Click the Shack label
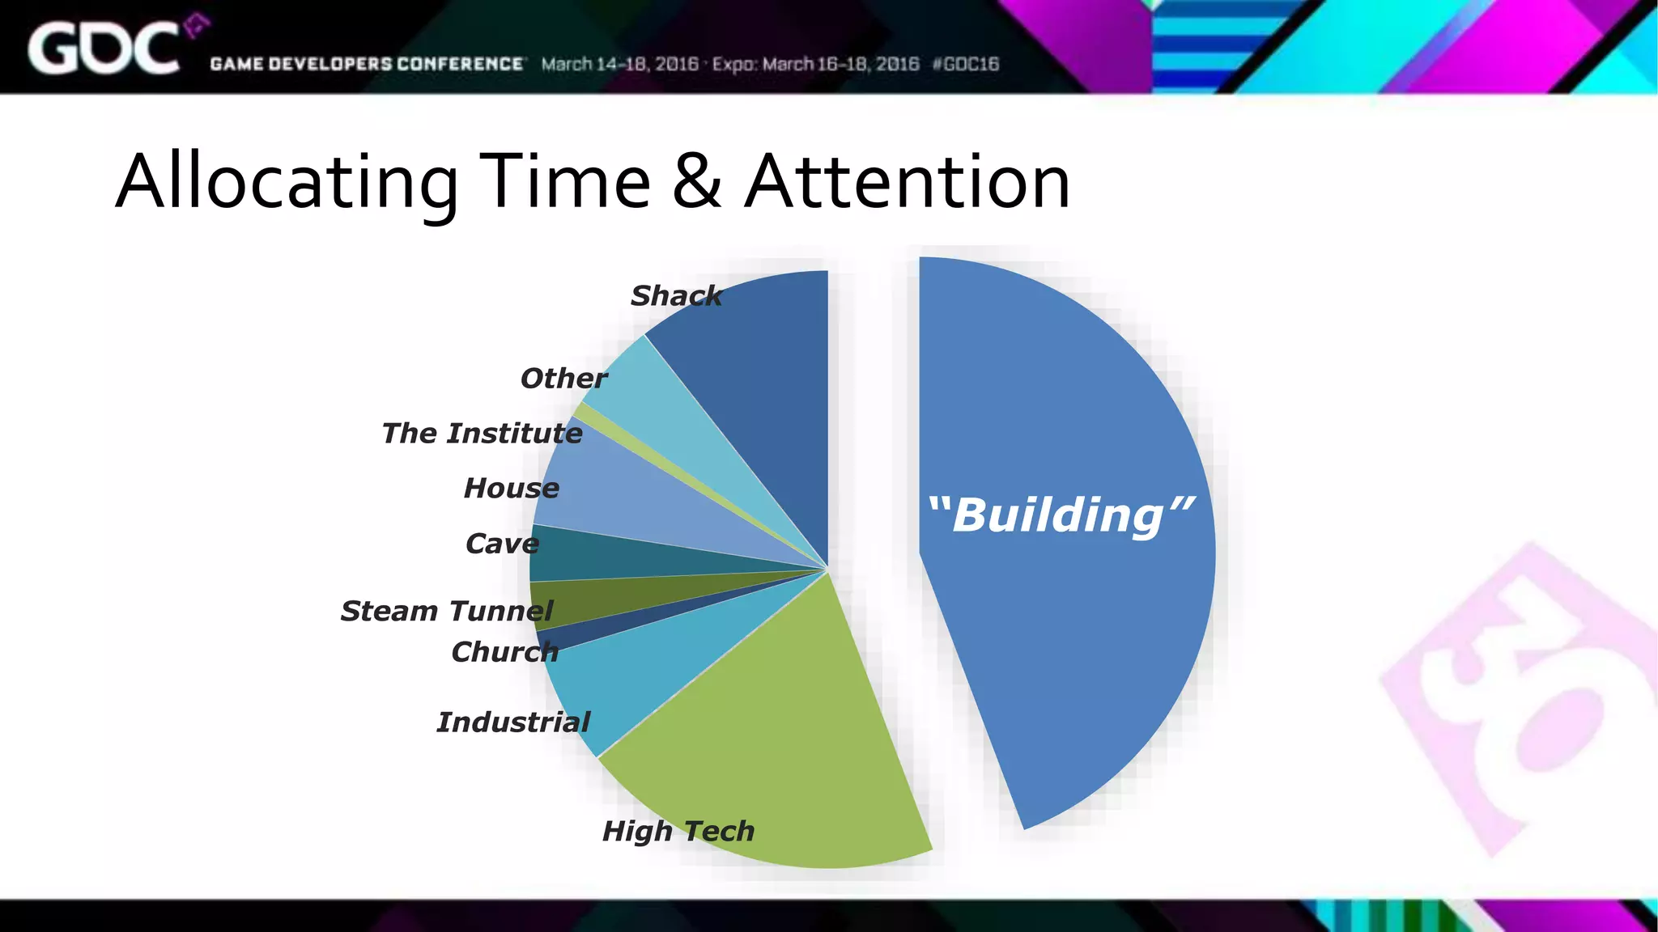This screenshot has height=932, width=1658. pos(676,296)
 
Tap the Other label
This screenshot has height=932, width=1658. pos(563,379)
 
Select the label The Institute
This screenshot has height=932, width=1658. pos(482,434)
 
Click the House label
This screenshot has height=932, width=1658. pos(511,489)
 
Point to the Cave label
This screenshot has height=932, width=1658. pos(502,544)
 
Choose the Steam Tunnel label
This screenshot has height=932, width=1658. pos(446,611)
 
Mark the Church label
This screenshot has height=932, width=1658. pos(504,652)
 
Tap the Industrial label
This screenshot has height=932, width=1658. pos(513,722)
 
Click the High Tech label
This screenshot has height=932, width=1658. pos(678,831)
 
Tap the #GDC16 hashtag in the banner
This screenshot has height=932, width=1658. pos(966,64)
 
